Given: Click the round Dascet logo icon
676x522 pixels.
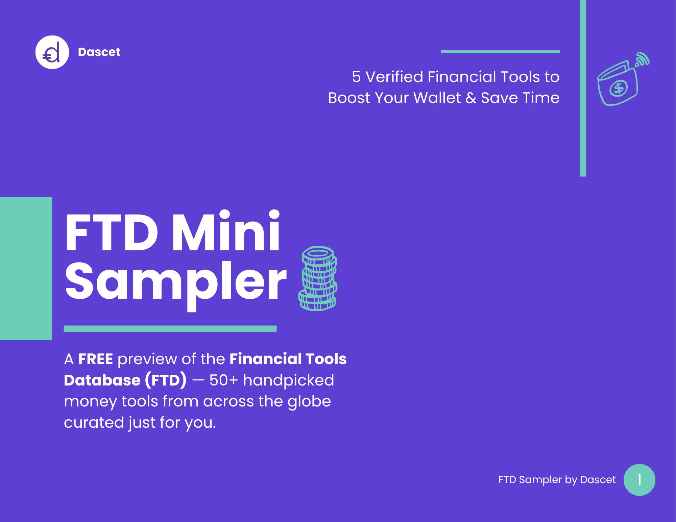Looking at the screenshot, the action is point(52,52).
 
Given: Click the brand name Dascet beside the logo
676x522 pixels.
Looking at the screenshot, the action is point(99,52).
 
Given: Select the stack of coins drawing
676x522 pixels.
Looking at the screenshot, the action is point(318,278).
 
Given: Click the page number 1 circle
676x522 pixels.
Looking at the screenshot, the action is point(639,480).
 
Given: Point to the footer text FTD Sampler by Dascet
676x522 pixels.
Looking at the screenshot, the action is point(557,480).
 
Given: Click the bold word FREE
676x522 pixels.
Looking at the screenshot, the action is point(95,359).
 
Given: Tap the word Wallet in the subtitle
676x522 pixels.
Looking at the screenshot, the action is point(437,98).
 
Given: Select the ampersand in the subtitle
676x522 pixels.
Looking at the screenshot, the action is point(470,98).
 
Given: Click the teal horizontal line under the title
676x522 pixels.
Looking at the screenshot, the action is point(170,329).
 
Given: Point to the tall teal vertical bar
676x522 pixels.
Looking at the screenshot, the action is point(583,88).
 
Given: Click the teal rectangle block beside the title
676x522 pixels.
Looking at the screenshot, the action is point(26,269).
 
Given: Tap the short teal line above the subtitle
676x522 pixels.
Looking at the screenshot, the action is point(500,52).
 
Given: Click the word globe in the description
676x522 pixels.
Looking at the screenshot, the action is point(309,402).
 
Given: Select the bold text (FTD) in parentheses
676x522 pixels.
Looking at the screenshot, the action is point(166,380).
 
